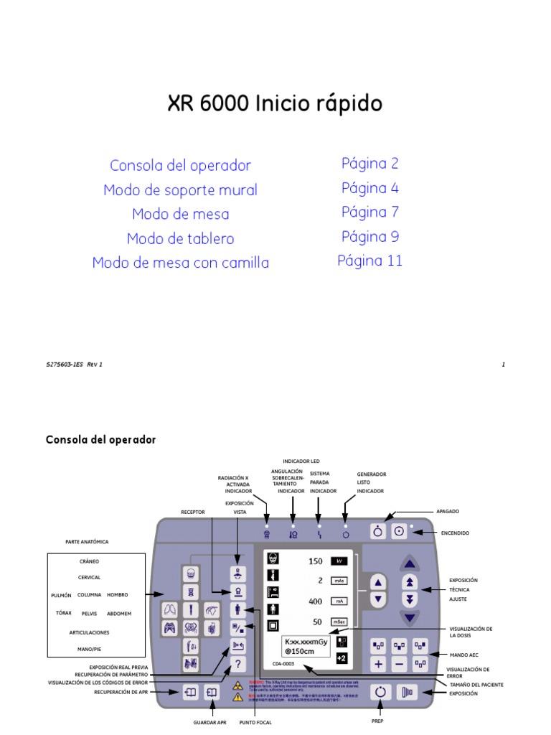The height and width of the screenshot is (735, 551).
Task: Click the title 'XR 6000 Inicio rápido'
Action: pyautogui.click(x=275, y=104)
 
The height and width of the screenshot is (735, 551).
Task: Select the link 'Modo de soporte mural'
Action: pyautogui.click(x=180, y=190)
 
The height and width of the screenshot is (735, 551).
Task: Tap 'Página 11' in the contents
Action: pyautogui.click(x=370, y=261)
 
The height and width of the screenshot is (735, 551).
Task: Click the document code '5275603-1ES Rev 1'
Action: pyautogui.click(x=74, y=365)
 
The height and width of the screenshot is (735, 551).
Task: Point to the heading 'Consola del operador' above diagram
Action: pyautogui.click(x=100, y=439)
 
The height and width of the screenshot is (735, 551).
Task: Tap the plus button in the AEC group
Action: pyautogui.click(x=378, y=665)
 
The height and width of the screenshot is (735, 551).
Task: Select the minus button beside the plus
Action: pyautogui.click(x=400, y=665)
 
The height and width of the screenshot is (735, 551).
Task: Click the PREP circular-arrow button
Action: pyautogui.click(x=381, y=692)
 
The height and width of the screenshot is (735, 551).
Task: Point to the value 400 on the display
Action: pyautogui.click(x=315, y=601)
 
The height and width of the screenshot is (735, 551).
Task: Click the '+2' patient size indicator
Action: pyautogui.click(x=341, y=657)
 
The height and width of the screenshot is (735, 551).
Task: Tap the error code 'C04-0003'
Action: pyautogui.click(x=283, y=664)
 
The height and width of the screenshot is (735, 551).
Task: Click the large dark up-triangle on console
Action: pyautogui.click(x=409, y=561)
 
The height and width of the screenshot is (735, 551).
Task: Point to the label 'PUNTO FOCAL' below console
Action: pyautogui.click(x=255, y=722)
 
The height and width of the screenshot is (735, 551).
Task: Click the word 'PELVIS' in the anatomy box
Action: pyautogui.click(x=89, y=614)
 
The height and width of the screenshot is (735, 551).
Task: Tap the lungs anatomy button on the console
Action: pyautogui.click(x=170, y=609)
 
